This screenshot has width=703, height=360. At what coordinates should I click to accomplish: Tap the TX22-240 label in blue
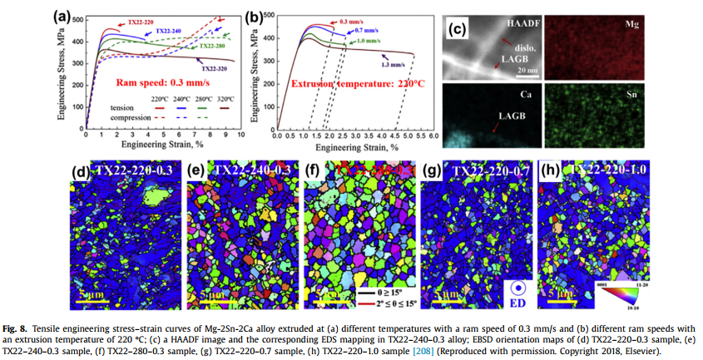tap(172, 31)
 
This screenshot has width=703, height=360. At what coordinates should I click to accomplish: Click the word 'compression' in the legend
tap(127, 117)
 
